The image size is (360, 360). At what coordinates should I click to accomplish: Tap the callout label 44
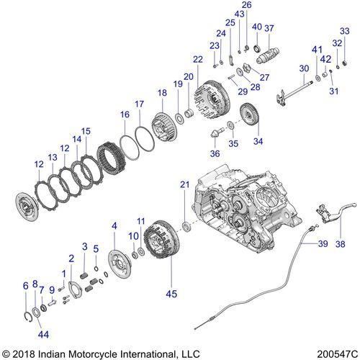pyautogui.click(x=44, y=335)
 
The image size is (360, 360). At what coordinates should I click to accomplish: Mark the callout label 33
pyautogui.click(x=344, y=31)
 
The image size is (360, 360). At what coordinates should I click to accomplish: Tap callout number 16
pyautogui.click(x=125, y=114)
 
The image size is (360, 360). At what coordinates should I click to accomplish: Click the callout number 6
pyautogui.click(x=27, y=285)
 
